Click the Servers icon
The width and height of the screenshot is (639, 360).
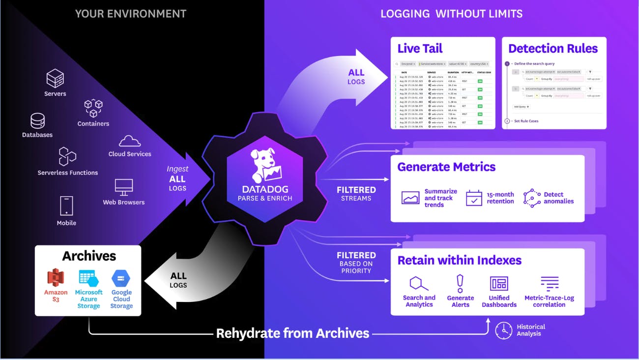tap(56, 78)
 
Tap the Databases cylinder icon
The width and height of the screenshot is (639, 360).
tap(37, 120)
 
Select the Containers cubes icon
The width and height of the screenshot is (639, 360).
tap(93, 108)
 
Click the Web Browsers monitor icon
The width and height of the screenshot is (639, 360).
tap(124, 187)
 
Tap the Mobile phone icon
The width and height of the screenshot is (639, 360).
tap(66, 206)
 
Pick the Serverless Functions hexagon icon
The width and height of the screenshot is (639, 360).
tap(67, 156)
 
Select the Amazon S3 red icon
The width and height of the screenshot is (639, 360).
tap(56, 278)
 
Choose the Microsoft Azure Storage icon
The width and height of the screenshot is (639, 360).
tap(88, 278)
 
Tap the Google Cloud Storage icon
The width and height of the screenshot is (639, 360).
tap(121, 278)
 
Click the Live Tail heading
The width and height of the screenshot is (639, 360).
tap(420, 48)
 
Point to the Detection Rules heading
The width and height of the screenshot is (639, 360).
tap(553, 48)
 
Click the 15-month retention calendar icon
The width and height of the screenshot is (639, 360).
tap(474, 198)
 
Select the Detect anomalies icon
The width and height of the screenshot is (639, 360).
tap(532, 198)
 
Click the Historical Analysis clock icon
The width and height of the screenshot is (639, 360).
tap(504, 330)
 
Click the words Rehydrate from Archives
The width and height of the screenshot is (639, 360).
tap(292, 333)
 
